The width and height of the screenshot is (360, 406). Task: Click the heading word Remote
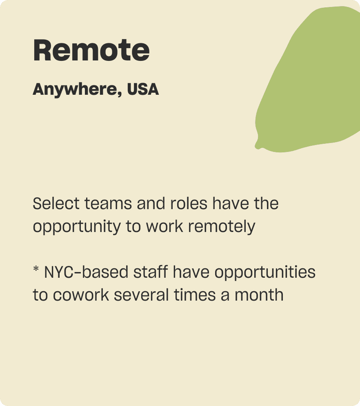91,50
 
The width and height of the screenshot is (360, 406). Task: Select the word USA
143,89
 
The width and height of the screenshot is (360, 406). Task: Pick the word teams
108,204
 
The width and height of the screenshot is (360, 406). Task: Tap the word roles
189,203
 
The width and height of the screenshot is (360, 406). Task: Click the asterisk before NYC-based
36,268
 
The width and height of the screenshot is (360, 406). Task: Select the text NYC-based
86,272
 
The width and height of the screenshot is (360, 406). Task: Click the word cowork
81,295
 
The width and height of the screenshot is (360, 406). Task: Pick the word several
141,295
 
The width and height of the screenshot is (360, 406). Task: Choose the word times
195,295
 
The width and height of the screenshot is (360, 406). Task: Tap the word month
259,295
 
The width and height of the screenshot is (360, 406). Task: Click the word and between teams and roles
151,203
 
